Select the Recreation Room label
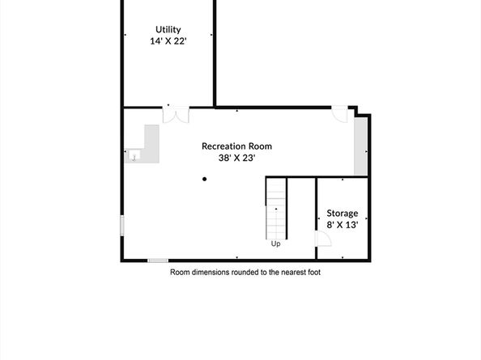[236, 146]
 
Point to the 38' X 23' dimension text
[236, 159]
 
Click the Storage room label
[342, 213]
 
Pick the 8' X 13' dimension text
[342, 225]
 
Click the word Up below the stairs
[275, 243]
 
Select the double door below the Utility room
[174, 114]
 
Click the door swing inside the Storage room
[321, 239]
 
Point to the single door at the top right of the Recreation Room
[341, 115]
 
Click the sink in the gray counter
[134, 156]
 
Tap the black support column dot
[204, 180]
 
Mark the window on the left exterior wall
[122, 225]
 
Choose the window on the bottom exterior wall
[157, 260]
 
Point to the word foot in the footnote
[313, 273]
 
